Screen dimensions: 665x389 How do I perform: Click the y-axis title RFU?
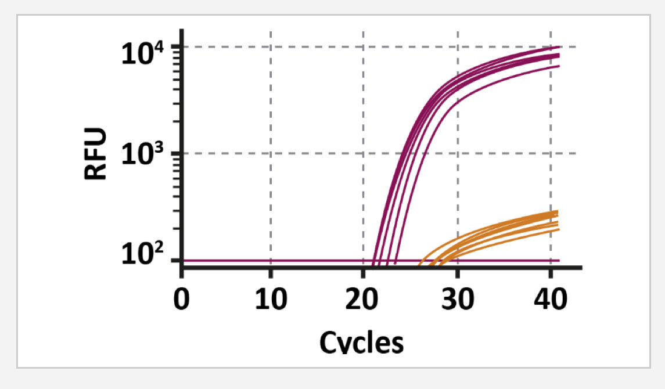pos(95,153)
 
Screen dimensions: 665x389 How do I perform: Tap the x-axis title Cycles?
pos(361,341)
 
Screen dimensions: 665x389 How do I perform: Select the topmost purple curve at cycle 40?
pos(551,48)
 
